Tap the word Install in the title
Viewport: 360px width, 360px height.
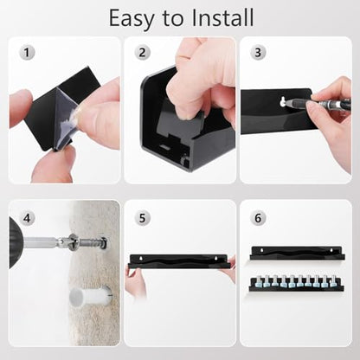click(x=222, y=17)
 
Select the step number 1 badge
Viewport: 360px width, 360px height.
click(x=27, y=53)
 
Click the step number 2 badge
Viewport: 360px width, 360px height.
click(x=142, y=53)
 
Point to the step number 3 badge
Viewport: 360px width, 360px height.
click(x=258, y=53)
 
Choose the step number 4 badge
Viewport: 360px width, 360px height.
click(x=27, y=218)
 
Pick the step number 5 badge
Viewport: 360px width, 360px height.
click(x=142, y=218)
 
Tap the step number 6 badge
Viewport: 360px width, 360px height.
click(x=258, y=218)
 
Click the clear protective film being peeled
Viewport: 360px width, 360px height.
click(x=65, y=119)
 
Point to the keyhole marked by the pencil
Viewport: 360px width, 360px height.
click(x=283, y=102)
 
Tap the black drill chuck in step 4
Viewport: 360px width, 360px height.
click(x=16, y=243)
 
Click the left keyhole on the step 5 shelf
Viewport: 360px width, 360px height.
click(x=140, y=258)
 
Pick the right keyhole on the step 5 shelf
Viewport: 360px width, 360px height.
click(x=215, y=258)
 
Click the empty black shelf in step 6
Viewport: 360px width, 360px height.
click(x=298, y=253)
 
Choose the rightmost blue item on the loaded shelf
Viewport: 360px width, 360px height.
click(x=332, y=282)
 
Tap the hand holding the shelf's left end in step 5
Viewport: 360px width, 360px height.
click(x=135, y=281)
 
